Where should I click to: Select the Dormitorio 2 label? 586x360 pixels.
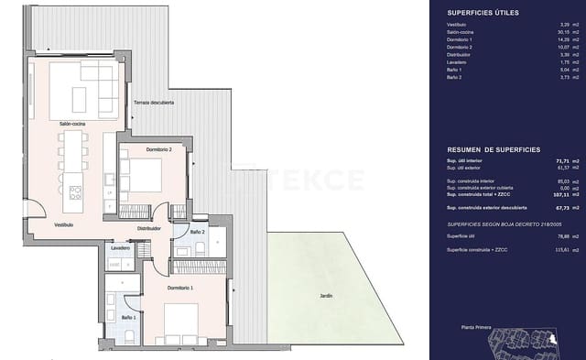[140, 148]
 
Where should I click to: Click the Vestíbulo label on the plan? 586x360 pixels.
[38, 224]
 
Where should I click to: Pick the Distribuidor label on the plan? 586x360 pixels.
[149, 228]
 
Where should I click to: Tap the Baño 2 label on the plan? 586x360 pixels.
[197, 233]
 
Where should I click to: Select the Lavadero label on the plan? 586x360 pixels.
[121, 248]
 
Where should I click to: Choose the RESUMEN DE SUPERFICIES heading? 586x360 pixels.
[493, 148]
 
